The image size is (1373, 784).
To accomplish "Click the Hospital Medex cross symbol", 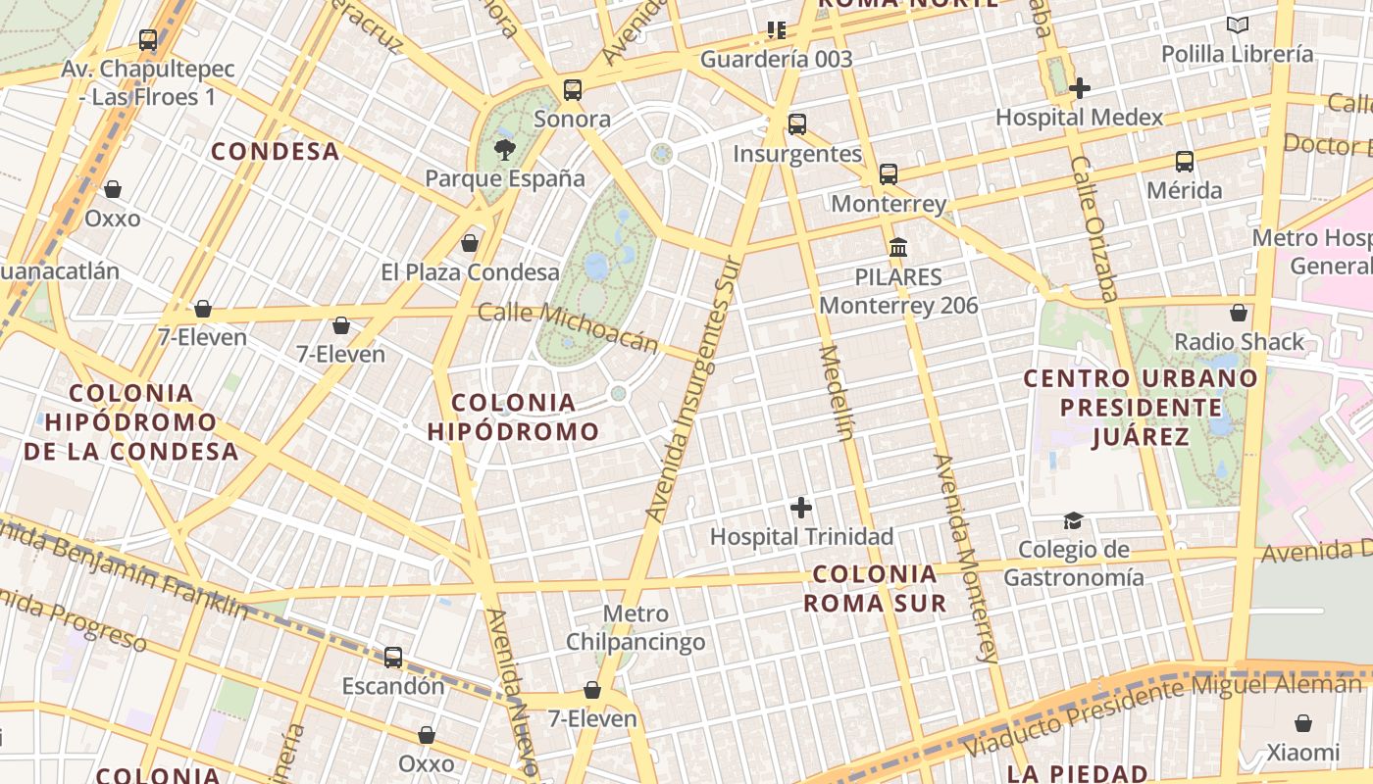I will pos(1080,88).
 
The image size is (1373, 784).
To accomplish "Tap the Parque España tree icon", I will pos(505,150).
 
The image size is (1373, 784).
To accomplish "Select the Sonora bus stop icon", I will pos(573,90).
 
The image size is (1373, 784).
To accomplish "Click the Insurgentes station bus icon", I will pos(797,124).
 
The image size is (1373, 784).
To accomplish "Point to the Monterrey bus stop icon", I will pos(889,174).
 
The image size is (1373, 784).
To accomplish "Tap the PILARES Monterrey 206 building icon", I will pos(898,247).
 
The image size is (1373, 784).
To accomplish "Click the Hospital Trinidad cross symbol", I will pos(801,508).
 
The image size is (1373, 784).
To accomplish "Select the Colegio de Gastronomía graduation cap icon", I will pos(1074,520).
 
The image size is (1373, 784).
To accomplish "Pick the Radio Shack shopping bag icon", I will pos(1239,313).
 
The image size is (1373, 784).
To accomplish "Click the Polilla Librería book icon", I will pos(1238,25).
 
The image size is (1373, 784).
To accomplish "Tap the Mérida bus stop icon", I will pos(1185,161).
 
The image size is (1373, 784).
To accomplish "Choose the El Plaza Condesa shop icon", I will pos(470,243).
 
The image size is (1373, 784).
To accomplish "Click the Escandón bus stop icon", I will pos(393,657).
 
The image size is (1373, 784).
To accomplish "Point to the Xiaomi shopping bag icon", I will pos(1302,723).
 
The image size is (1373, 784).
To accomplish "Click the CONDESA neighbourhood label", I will pos(276,152).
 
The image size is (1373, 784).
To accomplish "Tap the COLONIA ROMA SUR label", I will pos(875,588).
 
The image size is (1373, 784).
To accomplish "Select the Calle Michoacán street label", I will pos(568,327).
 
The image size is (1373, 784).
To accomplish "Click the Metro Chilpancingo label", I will pos(636,628).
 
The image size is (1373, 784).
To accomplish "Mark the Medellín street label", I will pos(835,392).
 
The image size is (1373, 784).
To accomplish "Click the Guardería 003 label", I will pos(776,59).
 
